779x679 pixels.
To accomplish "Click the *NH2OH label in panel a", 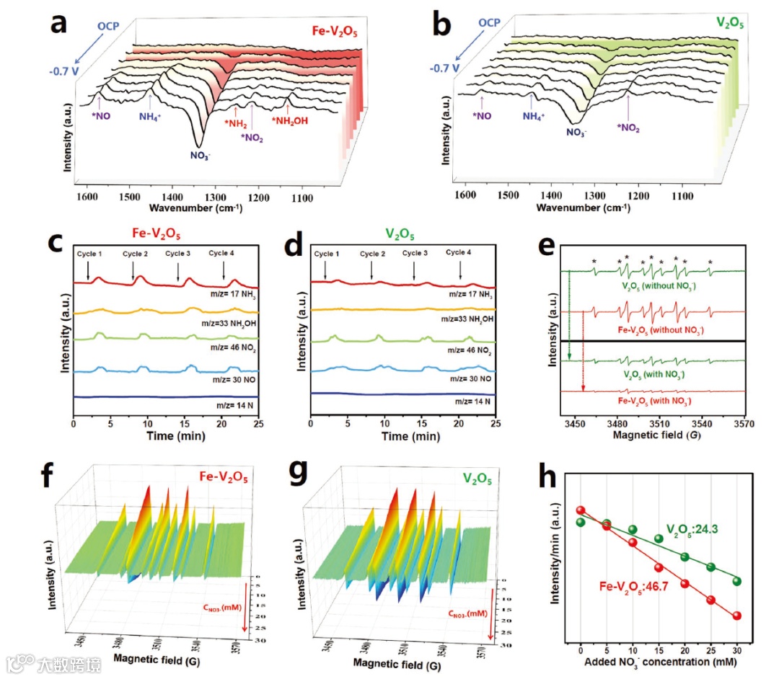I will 289,121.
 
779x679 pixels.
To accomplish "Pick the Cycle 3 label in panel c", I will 178,254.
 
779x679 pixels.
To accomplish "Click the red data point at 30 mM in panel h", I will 737,616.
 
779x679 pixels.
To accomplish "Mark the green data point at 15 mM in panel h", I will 659,538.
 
